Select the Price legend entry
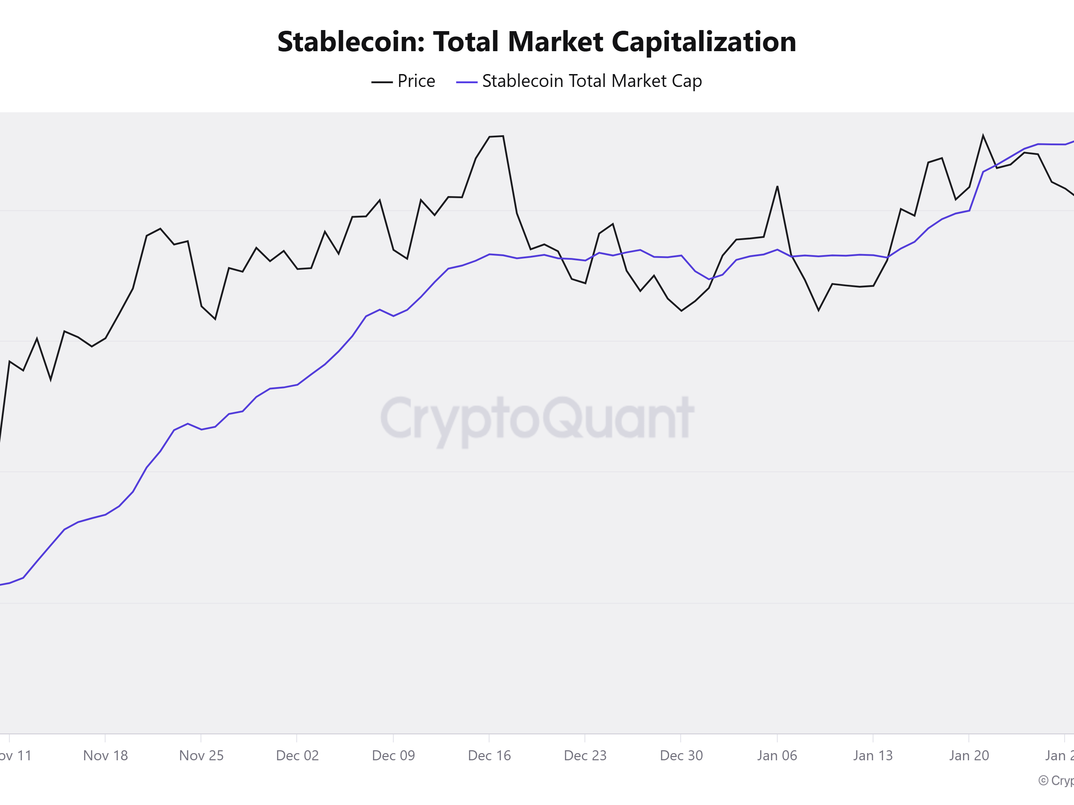click(416, 81)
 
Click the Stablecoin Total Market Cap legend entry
click(591, 81)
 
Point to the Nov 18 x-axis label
click(105, 756)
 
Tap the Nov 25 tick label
click(201, 756)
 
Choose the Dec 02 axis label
click(297, 756)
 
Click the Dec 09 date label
click(393, 756)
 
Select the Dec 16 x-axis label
click(489, 756)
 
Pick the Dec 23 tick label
click(585, 756)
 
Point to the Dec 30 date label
click(681, 756)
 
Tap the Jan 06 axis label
click(777, 756)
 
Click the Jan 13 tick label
click(873, 756)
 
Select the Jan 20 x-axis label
click(969, 756)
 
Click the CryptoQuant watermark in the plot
click(537, 418)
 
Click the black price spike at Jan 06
click(777, 186)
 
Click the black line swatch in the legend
click(382, 82)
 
